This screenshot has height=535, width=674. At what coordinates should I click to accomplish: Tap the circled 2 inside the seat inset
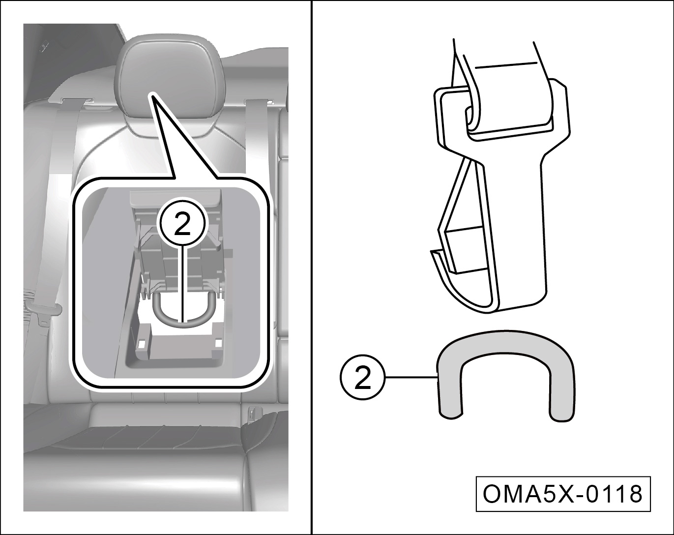point(182,223)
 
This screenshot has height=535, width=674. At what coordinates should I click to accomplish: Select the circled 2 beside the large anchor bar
point(362,378)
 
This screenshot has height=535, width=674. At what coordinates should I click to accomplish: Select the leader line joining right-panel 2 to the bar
point(411,378)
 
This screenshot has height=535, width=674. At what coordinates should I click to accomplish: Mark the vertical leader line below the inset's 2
point(182,284)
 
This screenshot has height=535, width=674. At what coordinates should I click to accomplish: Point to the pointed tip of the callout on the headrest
point(152,93)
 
